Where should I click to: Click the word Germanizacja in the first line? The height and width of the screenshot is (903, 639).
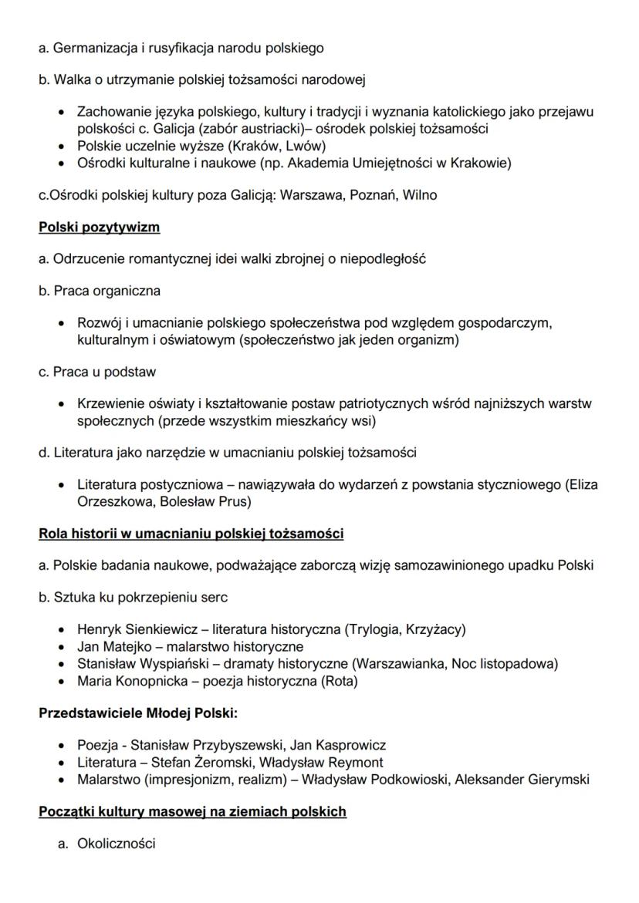coord(90,48)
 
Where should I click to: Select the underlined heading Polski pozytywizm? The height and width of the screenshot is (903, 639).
coord(100,227)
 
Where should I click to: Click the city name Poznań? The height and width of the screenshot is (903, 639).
coord(371,195)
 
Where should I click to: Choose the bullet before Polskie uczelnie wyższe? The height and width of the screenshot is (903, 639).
coord(60,146)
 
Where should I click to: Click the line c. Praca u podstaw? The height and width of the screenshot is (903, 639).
coord(97,372)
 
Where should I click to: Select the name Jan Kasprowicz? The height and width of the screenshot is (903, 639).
coord(340,746)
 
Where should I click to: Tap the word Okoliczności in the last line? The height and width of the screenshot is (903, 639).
coord(116,844)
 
